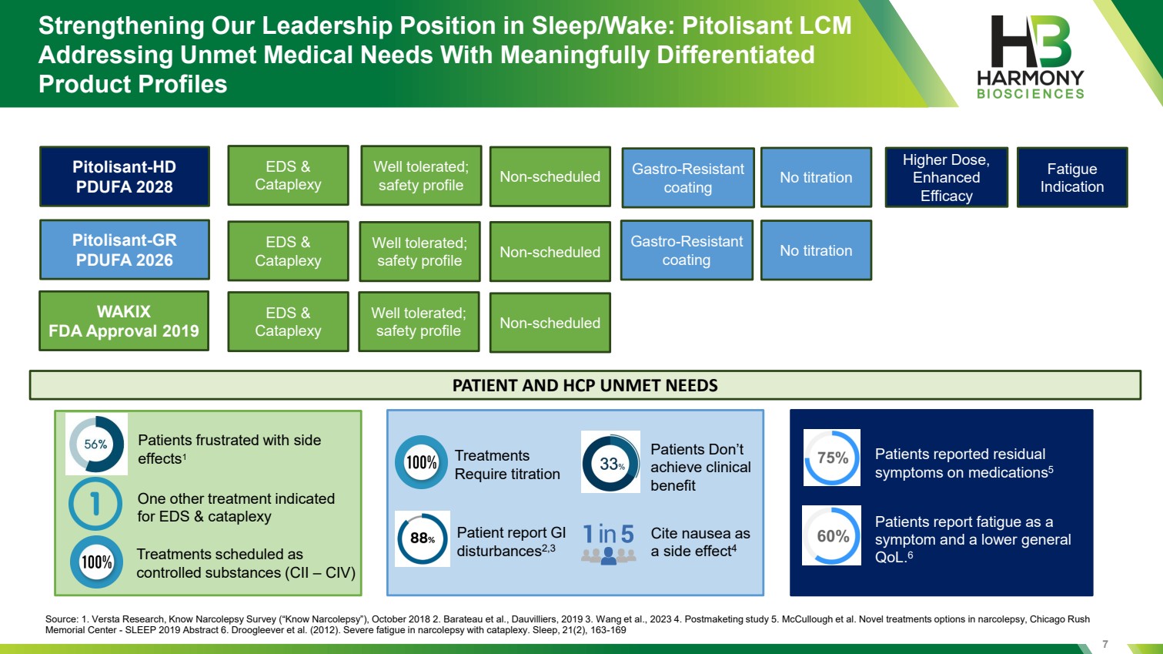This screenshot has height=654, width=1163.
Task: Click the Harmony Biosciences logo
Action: (x=1031, y=58)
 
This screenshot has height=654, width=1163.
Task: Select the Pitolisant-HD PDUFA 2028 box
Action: (x=125, y=176)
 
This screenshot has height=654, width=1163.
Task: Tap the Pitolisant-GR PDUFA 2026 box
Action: (x=125, y=250)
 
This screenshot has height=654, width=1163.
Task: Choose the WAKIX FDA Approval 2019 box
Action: (x=124, y=321)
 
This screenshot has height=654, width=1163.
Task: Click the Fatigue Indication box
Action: (x=1072, y=177)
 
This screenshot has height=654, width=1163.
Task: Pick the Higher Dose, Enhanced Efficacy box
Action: (x=946, y=177)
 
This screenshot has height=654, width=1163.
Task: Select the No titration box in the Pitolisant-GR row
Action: (x=816, y=250)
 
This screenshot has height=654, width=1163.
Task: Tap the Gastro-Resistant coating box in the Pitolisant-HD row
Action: (x=688, y=178)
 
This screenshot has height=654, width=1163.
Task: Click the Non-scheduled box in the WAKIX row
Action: (x=550, y=323)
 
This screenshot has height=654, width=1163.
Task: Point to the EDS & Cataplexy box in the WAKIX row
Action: (x=288, y=321)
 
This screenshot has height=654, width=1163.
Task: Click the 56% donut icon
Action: (x=96, y=444)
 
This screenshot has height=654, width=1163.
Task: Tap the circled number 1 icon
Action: (x=95, y=504)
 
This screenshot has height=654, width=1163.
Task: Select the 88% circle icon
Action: (x=422, y=538)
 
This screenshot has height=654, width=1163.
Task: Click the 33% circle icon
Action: (x=611, y=462)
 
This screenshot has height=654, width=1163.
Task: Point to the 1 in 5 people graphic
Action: (x=608, y=543)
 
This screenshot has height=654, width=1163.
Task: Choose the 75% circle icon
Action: (x=832, y=458)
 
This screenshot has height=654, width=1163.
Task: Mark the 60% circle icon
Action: (x=832, y=535)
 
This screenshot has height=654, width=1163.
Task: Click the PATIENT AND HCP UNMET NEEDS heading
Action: (x=585, y=385)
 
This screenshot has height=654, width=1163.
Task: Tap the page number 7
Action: (x=1105, y=644)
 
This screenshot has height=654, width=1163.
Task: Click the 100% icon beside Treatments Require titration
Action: (x=421, y=462)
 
